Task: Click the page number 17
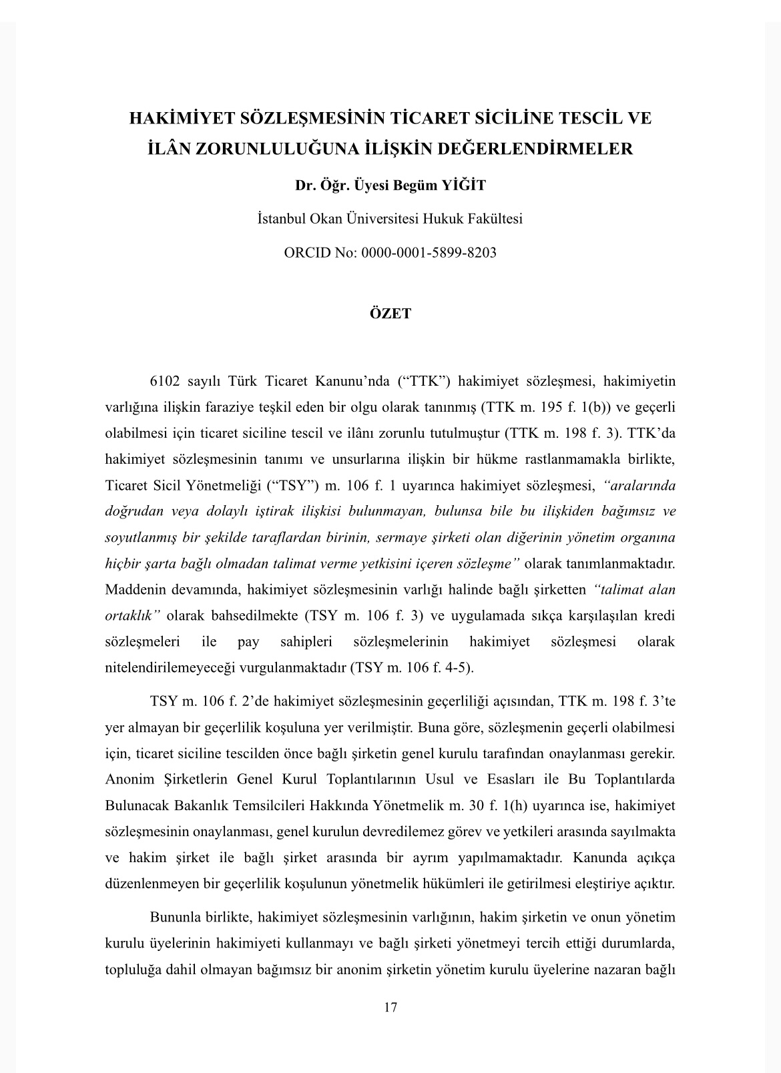click(390, 1007)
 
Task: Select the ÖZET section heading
click(390, 313)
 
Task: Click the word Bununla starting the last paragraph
click(176, 917)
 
